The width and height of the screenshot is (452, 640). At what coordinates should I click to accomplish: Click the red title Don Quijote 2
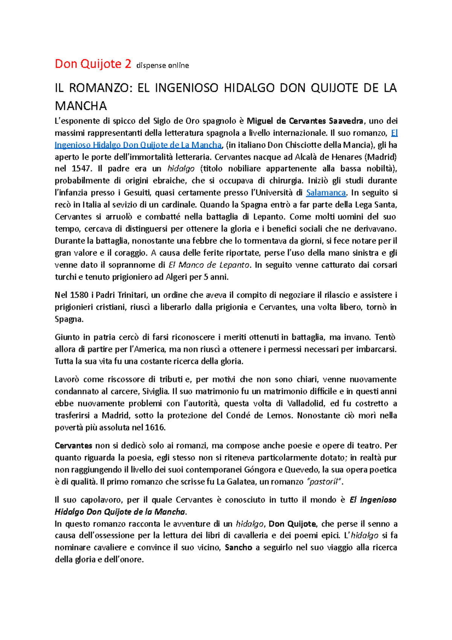pyautogui.click(x=93, y=64)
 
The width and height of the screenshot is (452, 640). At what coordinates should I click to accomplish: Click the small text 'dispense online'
pyautogui.click(x=162, y=66)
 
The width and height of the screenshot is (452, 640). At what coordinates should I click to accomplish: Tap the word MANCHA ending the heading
pyautogui.click(x=81, y=106)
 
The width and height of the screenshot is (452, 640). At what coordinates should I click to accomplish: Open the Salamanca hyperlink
pyautogui.click(x=326, y=193)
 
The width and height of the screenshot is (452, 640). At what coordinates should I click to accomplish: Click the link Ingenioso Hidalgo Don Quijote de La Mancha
pyautogui.click(x=138, y=145)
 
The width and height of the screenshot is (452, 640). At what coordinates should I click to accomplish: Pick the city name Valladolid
pyautogui.click(x=305, y=404)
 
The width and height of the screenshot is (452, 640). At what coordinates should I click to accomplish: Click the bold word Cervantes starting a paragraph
pyautogui.click(x=73, y=446)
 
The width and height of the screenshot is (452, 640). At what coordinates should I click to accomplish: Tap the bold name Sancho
pyautogui.click(x=238, y=548)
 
